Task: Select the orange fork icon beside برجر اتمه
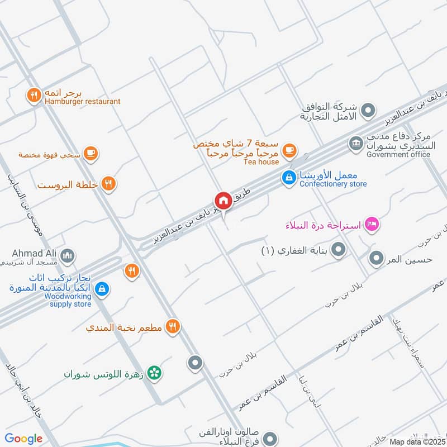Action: (x=34, y=96)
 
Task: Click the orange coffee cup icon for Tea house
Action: (x=288, y=150)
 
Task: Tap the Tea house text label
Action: (x=261, y=162)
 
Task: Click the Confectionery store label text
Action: (x=333, y=184)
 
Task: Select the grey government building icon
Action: (x=355, y=144)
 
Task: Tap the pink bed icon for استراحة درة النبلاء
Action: (x=372, y=225)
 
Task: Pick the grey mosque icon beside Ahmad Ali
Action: (x=68, y=256)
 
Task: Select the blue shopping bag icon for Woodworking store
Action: (x=102, y=288)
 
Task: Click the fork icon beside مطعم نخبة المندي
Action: (x=173, y=327)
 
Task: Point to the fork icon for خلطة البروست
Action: (x=108, y=183)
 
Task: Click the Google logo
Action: (x=23, y=439)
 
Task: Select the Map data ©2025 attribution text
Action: (x=417, y=442)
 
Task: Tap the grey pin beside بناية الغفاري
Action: (x=337, y=251)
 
